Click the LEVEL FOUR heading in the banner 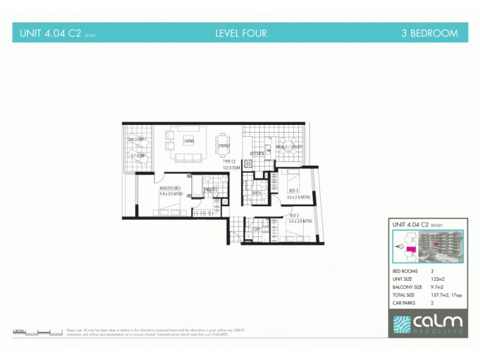pos(241,34)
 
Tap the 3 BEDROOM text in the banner pos(429,34)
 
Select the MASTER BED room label pos(170,188)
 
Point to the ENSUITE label pos(210,190)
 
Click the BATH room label pos(257,193)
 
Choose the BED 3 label pos(293,191)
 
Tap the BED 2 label pos(294,215)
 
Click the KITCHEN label pos(257,154)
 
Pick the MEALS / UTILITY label pos(289,147)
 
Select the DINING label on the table pos(224,146)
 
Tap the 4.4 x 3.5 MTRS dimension pos(170,194)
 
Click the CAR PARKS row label pos(403,302)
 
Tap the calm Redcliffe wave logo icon pos(402,324)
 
